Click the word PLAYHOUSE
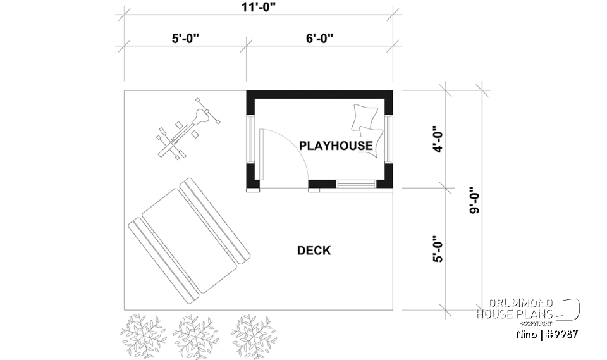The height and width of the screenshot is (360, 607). pos(336,146)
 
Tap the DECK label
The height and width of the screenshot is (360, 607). pos(314,251)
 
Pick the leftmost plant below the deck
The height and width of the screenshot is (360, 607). pos(143,333)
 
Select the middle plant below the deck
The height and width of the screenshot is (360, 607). pos(197,333)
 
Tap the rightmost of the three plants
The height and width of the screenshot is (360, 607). pos(253,333)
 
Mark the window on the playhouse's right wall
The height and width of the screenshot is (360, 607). pos(388,137)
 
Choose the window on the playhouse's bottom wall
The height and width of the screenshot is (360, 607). pos(357,184)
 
